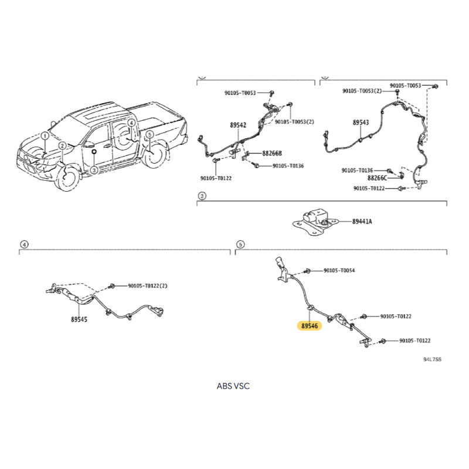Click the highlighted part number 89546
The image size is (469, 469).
tap(310, 326)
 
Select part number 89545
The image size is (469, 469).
tap(79, 320)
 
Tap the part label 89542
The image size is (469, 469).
tap(238, 125)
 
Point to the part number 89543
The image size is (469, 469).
tap(361, 123)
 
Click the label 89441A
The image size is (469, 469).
tap(362, 222)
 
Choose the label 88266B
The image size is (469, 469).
tap(272, 153)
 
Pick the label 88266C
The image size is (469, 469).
tap(377, 178)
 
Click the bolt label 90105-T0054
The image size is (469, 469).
tap(339, 270)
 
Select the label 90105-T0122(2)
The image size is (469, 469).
tap(148, 286)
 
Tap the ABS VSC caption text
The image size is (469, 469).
tap(233, 386)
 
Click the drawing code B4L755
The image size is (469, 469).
tap(432, 359)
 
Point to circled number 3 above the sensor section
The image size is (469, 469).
tap(202, 196)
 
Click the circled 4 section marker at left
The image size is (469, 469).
tap(24, 244)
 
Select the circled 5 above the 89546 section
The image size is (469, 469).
tap(240, 244)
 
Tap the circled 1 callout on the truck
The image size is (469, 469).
tap(45, 136)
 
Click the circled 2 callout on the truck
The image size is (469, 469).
tap(62, 145)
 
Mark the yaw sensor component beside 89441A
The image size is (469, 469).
tap(315, 222)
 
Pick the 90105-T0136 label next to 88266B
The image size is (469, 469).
tap(288, 166)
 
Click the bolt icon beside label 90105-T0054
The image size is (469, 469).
tap(307, 271)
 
